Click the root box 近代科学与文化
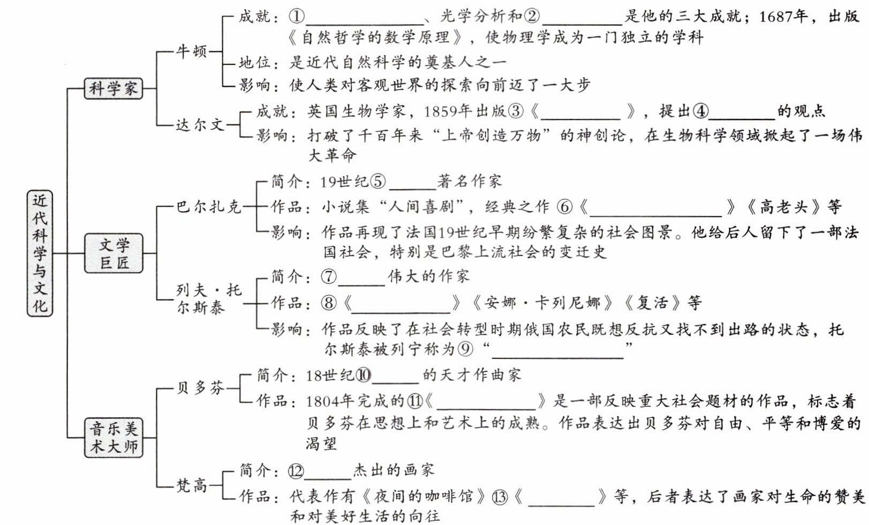(40, 253)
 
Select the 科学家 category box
(114, 88)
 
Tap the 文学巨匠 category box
(114, 253)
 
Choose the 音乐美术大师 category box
(114, 438)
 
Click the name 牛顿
(192, 51)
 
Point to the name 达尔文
(200, 125)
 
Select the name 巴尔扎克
(209, 207)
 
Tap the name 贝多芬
(200, 387)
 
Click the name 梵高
(192, 485)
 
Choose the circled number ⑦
(329, 277)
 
